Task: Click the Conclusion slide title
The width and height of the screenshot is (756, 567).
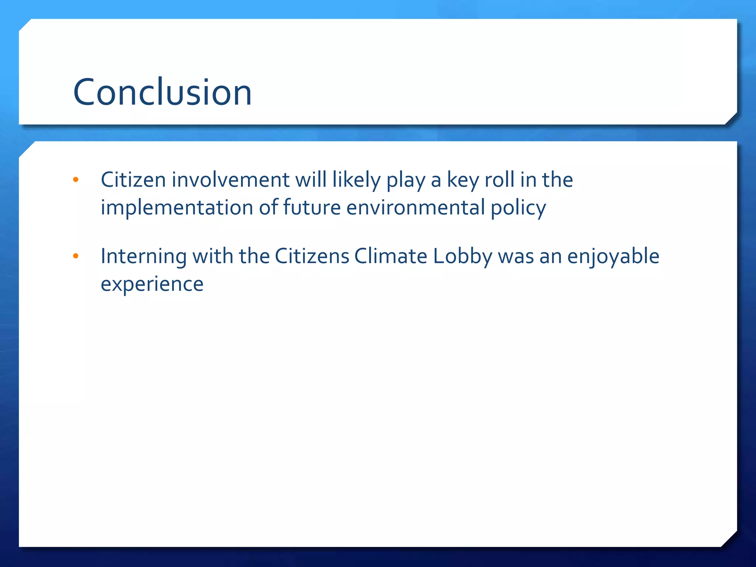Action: [162, 92]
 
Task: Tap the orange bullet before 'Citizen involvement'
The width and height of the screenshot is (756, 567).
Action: [76, 180]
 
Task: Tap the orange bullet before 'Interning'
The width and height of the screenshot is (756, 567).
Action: [76, 256]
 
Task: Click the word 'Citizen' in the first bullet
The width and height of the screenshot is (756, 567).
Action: [133, 180]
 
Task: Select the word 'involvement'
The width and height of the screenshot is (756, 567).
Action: [230, 180]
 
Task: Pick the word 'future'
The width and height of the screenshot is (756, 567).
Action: [312, 207]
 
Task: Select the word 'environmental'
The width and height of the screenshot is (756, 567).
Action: [415, 207]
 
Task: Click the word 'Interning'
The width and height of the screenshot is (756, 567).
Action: [144, 257]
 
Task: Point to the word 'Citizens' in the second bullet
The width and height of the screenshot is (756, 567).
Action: [312, 256]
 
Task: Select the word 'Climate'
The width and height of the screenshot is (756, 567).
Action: [391, 256]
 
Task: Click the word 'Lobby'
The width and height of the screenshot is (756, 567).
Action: [463, 257]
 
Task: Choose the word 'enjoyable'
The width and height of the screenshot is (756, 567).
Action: [613, 257]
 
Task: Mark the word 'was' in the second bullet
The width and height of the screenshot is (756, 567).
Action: [516, 257]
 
